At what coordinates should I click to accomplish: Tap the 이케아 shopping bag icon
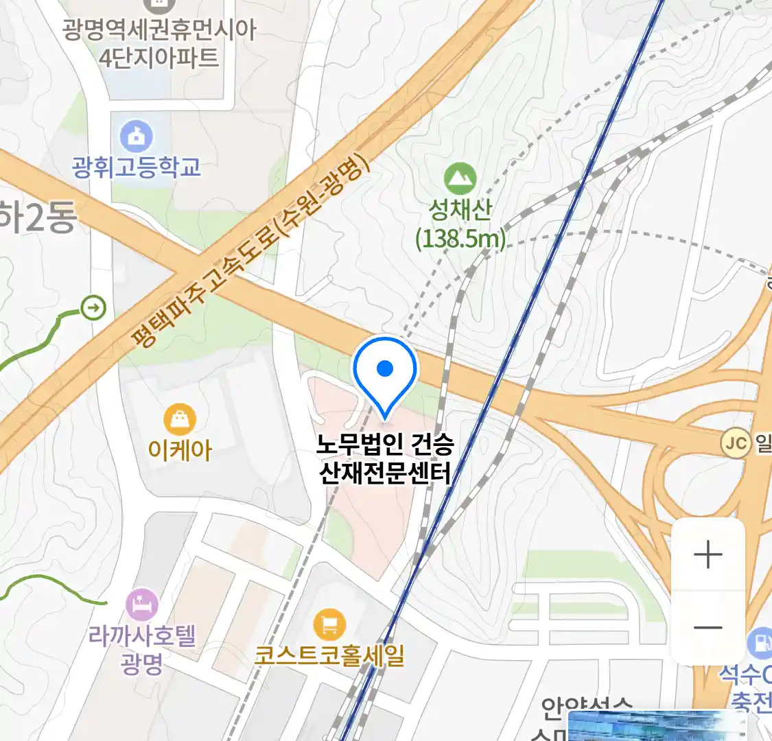180,419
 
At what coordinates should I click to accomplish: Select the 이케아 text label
180,450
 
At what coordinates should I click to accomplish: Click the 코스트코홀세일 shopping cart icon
329,624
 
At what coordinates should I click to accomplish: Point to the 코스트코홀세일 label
329,655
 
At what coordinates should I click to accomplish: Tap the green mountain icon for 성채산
460,178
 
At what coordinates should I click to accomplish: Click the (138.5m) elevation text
460,239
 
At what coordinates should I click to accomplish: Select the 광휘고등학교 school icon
137,136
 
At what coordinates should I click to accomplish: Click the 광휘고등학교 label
137,167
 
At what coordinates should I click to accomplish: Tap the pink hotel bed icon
142,605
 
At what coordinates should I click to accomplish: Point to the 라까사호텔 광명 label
142,649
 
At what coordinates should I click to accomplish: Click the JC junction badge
736,443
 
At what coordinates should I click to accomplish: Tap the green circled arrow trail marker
93,307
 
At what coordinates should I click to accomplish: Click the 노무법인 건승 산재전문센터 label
385,458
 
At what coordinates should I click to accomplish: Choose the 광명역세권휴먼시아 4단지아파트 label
159,43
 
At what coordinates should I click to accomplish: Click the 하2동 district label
38,218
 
